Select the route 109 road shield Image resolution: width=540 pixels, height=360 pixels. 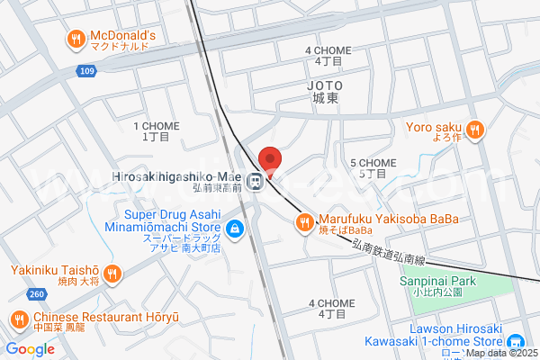86,69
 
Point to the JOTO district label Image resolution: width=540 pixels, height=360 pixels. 326,90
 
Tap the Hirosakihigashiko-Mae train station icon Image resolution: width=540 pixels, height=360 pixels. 256,180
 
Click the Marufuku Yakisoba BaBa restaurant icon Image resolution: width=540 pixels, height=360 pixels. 306,221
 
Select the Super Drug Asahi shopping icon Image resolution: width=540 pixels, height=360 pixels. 234,229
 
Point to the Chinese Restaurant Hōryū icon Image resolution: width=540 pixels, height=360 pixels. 20,318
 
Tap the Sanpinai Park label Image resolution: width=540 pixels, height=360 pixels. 430,284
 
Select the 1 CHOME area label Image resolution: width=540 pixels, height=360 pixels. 155,131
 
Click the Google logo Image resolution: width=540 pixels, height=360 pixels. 30,348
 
